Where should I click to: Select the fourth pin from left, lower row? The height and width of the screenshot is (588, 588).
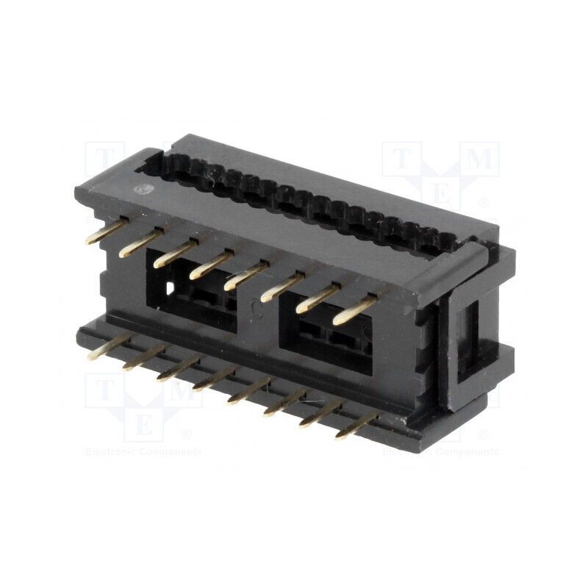[214, 379]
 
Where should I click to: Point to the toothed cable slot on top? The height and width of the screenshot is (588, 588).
[309, 198]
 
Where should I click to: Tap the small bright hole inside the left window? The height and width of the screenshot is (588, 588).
[170, 289]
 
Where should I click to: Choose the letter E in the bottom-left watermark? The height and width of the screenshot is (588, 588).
[145, 425]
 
